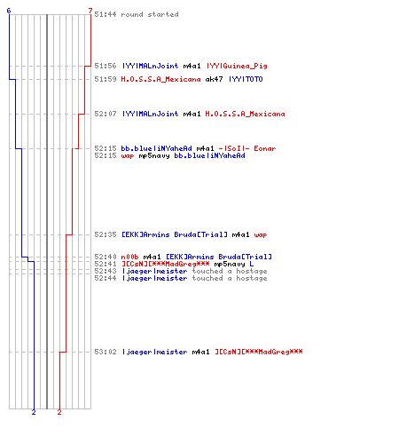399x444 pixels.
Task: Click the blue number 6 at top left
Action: pyautogui.click(x=9, y=11)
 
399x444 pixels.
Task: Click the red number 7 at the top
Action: pyautogui.click(x=90, y=11)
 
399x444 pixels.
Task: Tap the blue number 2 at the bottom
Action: pyautogui.click(x=34, y=412)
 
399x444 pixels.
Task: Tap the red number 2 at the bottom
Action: pyautogui.click(x=59, y=412)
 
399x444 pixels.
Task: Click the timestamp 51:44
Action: pyautogui.click(x=106, y=14)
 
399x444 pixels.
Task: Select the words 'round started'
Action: pyautogui.click(x=150, y=14)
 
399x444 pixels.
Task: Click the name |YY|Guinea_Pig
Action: pyautogui.click(x=237, y=66)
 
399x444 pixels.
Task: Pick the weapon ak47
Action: pyautogui.click(x=214, y=79)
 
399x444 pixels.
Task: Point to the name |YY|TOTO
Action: pyautogui.click(x=246, y=79)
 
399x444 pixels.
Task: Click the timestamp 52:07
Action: pyautogui.click(x=106, y=114)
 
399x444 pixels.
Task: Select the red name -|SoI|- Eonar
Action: pyautogui.click(x=247, y=148)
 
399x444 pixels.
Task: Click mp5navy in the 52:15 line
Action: pyautogui.click(x=154, y=156)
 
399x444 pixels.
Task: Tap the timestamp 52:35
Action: pyautogui.click(x=106, y=234)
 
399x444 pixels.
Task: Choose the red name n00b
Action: pyautogui.click(x=129, y=257)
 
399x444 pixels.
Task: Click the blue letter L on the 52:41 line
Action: pyautogui.click(x=251, y=264)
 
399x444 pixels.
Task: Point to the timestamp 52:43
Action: pyautogui.click(x=106, y=271)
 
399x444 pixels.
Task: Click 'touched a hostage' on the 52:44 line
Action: pyautogui.click(x=230, y=278)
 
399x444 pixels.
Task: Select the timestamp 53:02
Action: pyautogui.click(x=106, y=352)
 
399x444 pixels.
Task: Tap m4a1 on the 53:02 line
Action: pyautogui.click(x=200, y=352)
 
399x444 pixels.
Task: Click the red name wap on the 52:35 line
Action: pyautogui.click(x=261, y=235)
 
